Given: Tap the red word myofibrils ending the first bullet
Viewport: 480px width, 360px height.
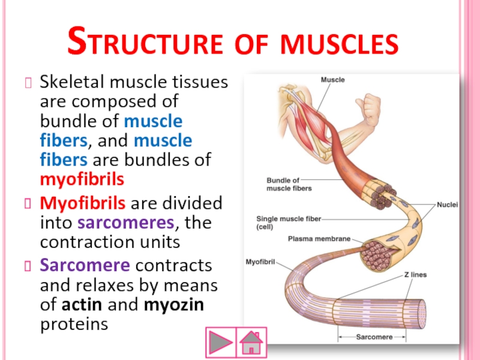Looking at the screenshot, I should pyautogui.click(x=82, y=179).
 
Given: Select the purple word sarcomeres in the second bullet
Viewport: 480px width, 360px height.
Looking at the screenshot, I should pyautogui.click(x=127, y=223).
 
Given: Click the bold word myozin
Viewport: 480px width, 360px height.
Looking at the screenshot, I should pyautogui.click(x=174, y=305).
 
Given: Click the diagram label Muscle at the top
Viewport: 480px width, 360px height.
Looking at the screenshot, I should pyautogui.click(x=332, y=80).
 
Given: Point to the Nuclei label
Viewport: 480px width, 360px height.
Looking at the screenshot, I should pyautogui.click(x=447, y=205).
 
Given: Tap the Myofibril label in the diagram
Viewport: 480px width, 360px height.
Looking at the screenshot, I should pyautogui.click(x=260, y=262).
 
